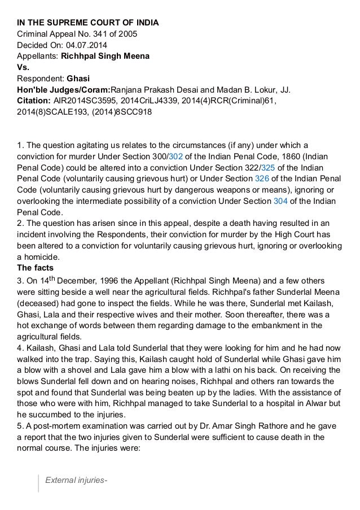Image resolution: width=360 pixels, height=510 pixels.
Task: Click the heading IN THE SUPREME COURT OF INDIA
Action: (x=87, y=23)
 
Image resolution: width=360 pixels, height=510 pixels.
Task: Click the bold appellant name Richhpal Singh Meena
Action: (x=106, y=56)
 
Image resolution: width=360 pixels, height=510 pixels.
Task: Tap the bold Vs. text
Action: (x=22, y=67)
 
